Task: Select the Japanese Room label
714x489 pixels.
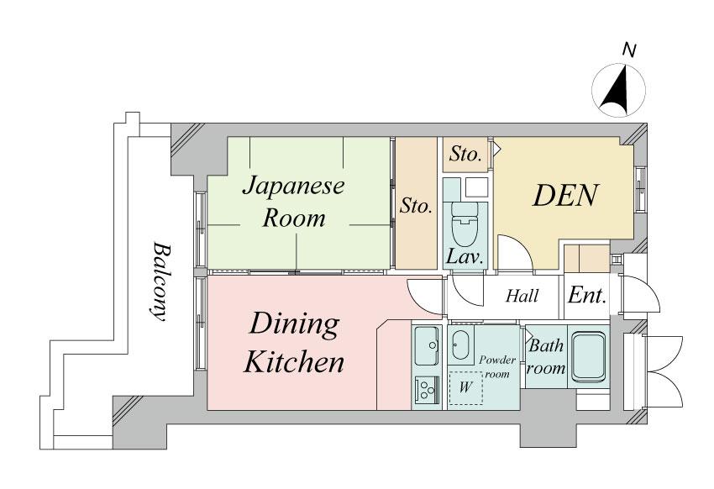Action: pyautogui.click(x=293, y=202)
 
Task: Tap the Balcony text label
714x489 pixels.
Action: pyautogui.click(x=159, y=282)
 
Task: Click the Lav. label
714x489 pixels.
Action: pyautogui.click(x=464, y=258)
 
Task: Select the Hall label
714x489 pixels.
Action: pyautogui.click(x=522, y=296)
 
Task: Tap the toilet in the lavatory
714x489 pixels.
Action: pyautogui.click(x=464, y=222)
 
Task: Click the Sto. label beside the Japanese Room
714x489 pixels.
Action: pyautogui.click(x=416, y=206)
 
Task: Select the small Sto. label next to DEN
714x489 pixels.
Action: pyautogui.click(x=465, y=155)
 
